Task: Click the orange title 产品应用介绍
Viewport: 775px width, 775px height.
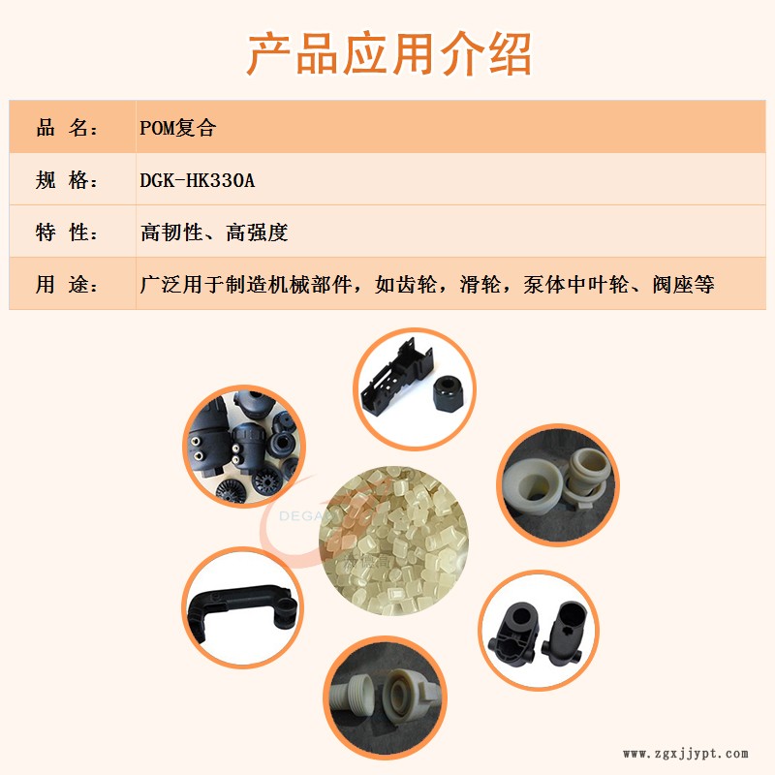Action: tap(389, 54)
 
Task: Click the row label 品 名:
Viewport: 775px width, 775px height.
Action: tap(67, 128)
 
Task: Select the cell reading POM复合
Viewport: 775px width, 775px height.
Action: tap(178, 128)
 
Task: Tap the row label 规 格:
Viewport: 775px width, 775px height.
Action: tap(67, 180)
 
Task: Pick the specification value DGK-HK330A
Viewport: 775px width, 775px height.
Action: tap(198, 180)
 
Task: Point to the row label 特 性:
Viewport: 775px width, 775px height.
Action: tap(67, 232)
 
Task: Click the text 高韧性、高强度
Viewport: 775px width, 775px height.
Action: tap(214, 232)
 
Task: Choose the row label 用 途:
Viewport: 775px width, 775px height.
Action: tap(67, 284)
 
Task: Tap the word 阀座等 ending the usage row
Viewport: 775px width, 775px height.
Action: tap(683, 284)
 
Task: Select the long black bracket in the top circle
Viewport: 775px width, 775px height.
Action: tap(397, 372)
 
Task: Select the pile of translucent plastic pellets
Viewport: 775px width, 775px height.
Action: tap(394, 541)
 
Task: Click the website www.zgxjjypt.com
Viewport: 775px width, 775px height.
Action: tap(686, 754)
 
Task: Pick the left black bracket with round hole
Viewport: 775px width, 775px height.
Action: tap(514, 635)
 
